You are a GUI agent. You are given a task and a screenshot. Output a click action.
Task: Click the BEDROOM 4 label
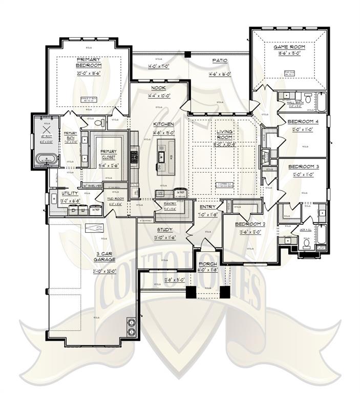point(303,121)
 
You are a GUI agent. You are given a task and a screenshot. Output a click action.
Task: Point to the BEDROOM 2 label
point(249,225)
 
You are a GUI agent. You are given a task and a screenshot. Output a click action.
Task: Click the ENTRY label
point(207,207)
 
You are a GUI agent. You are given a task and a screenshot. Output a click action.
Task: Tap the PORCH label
point(207,265)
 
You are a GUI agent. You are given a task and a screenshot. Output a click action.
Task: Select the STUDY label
point(165,230)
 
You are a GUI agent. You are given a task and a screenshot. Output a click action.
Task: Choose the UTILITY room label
point(70,193)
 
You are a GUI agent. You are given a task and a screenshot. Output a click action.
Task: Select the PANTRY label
point(170,203)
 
